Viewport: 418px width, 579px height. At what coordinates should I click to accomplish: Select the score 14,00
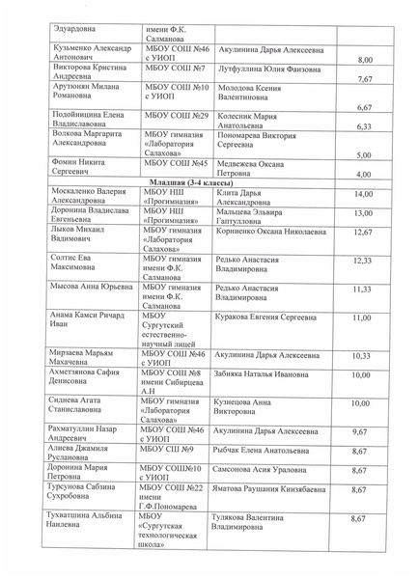coord(362,195)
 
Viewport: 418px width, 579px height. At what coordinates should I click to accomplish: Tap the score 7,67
coord(364,80)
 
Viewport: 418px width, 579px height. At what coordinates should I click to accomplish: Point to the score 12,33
coord(362,261)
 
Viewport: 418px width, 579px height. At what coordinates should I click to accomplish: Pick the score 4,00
coord(364,174)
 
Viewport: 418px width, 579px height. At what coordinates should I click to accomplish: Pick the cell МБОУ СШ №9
coord(169,450)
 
